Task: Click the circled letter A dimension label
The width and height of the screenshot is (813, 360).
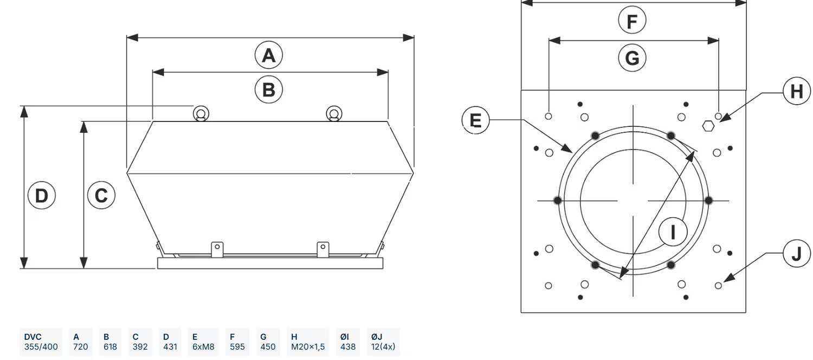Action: pos(269,55)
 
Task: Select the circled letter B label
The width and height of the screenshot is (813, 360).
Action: pos(269,89)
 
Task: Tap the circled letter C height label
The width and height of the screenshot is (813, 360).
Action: pos(101,195)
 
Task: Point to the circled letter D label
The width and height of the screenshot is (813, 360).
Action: pos(41,195)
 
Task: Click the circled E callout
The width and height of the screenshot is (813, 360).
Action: pos(475,120)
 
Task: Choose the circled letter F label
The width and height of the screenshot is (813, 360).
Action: pos(632,22)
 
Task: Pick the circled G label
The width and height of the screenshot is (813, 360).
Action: pos(632,57)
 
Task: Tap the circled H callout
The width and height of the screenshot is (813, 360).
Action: pos(796,91)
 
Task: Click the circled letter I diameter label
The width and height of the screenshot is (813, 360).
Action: pos(673,232)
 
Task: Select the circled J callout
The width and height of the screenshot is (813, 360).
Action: pos(796,253)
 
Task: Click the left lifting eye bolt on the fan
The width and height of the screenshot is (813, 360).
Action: pos(202,114)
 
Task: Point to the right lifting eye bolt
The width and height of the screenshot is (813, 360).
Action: pos(334,114)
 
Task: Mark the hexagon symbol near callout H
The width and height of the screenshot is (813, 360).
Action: pos(707,126)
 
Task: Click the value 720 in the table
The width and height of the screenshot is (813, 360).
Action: pos(80,346)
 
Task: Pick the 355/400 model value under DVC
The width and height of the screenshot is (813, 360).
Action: pos(41,346)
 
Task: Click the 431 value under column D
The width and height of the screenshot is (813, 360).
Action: pos(170,346)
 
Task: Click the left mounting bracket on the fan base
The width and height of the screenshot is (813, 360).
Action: pos(217,248)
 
